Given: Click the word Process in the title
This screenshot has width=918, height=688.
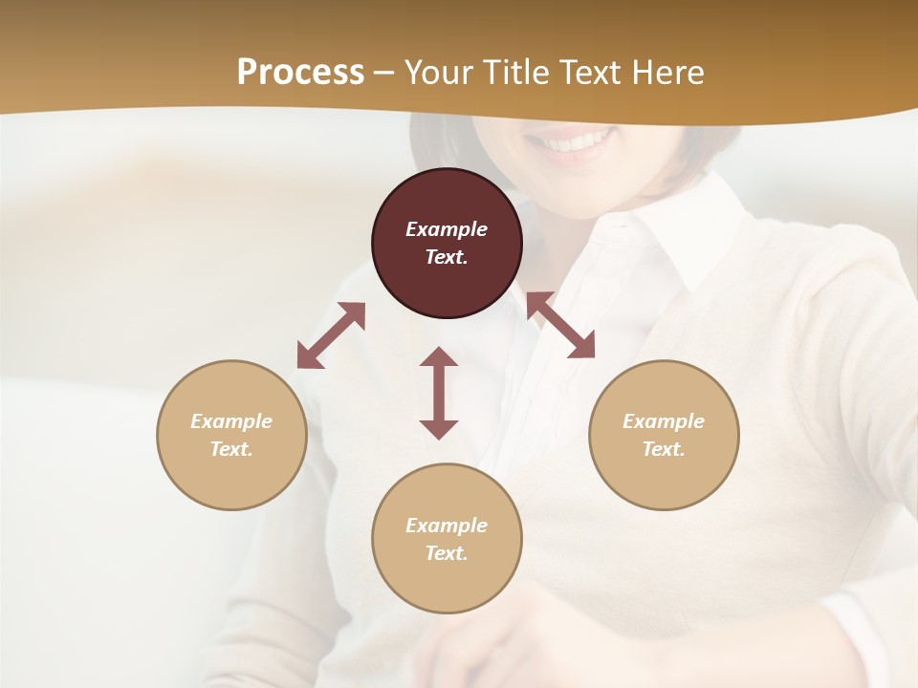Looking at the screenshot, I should (300, 73).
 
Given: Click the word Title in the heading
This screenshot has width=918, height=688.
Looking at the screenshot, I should (514, 73).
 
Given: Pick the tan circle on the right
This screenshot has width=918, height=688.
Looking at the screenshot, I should (664, 468).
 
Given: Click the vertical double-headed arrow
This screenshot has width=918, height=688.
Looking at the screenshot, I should (439, 393).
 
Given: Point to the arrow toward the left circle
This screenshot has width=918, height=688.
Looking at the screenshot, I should (331, 335).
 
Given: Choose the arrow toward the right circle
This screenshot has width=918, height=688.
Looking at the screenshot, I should (560, 325).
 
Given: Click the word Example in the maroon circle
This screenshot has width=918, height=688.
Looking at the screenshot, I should (447, 229).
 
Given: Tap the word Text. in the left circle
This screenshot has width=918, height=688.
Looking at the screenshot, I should (231, 449).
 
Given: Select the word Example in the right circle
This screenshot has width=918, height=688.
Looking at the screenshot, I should (664, 421).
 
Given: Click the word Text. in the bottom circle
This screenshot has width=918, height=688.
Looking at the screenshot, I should (447, 553).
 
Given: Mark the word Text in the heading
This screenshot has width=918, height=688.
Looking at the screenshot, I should (590, 73).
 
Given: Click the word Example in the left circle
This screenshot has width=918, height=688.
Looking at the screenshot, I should (231, 421).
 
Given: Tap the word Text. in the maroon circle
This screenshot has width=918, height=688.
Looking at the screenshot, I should (447, 257).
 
